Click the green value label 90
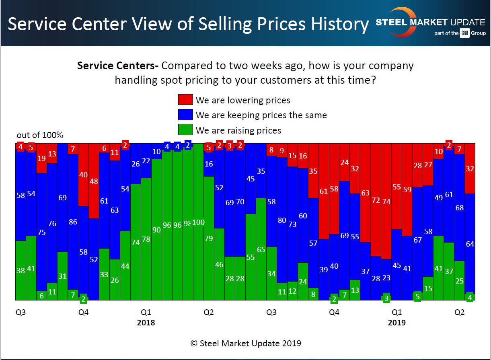coord(156,230)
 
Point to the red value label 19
coord(41,158)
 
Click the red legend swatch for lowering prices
coord(185,100)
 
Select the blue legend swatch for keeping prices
coord(185,115)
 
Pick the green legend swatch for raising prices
coord(185,130)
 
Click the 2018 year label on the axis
coord(146,323)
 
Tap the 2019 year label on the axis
coord(396,323)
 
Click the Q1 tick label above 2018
coord(146,312)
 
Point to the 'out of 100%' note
coord(40,135)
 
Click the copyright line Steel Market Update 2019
coord(245,343)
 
